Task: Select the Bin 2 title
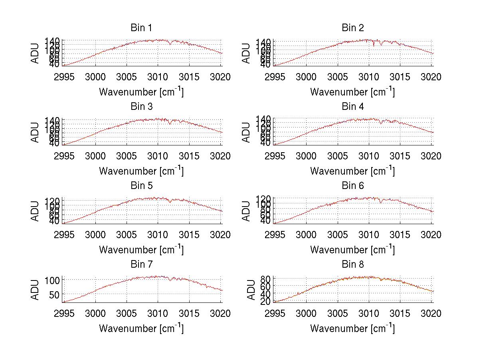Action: (x=352, y=28)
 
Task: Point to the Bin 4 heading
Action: (x=352, y=106)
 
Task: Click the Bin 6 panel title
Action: (x=352, y=185)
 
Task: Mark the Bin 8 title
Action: (x=352, y=264)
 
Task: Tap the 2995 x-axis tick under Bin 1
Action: (x=64, y=77)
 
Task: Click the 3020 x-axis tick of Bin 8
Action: (x=431, y=314)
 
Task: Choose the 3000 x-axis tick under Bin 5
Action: (x=95, y=235)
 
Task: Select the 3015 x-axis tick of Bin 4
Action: (x=400, y=156)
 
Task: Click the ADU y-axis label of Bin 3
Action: (x=36, y=132)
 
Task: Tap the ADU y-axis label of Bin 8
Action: (x=251, y=290)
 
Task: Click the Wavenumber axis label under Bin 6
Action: (x=352, y=249)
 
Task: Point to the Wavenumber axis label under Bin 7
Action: (x=141, y=328)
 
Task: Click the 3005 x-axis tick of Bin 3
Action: (x=127, y=156)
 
